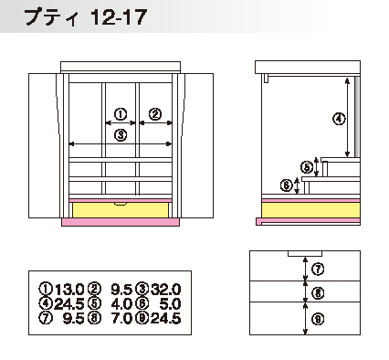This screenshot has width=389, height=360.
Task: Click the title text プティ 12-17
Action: point(86,16)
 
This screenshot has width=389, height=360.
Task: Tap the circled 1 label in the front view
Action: point(121,114)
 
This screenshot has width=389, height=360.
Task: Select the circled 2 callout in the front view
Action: point(155,114)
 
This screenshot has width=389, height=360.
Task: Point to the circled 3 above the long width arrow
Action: point(121,134)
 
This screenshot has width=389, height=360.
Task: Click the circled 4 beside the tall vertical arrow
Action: point(339,119)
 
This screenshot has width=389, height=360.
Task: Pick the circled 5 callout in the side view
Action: point(307,167)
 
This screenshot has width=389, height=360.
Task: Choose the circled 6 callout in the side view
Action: point(286,185)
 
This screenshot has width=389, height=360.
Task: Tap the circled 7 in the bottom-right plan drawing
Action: point(318,270)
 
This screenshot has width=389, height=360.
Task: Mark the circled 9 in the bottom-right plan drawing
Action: point(318,319)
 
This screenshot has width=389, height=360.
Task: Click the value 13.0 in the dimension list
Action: point(69,290)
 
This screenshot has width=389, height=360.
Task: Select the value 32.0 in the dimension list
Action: point(166,290)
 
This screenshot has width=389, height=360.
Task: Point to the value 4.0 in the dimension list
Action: point(121,304)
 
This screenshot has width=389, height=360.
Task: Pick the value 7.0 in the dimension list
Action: point(121,318)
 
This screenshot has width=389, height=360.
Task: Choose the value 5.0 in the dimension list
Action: point(171,304)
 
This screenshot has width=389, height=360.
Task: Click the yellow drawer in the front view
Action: point(121,210)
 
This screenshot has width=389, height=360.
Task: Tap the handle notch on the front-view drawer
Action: point(121,204)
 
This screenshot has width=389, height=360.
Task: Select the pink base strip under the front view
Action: point(121,222)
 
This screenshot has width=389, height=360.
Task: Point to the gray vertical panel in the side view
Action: point(357,116)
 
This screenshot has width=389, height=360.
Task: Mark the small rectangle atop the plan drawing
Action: point(305,253)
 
